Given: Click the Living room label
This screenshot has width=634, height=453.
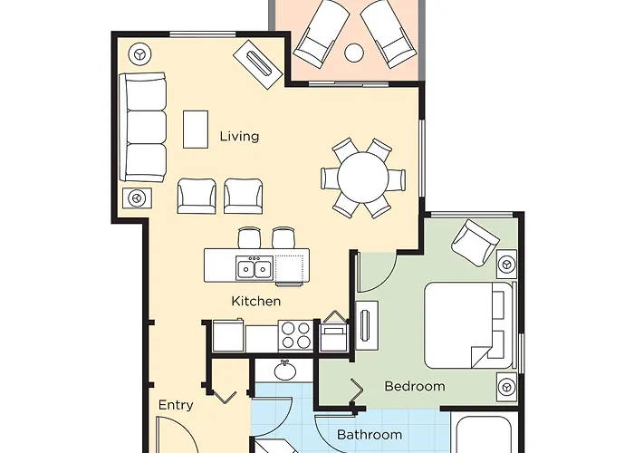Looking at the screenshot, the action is (x=239, y=136).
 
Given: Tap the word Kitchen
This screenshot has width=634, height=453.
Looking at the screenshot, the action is (x=256, y=301).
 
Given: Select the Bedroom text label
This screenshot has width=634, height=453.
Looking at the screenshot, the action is (x=415, y=386).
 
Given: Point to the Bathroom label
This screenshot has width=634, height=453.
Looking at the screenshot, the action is (x=370, y=435).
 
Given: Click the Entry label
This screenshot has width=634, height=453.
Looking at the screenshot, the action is (x=176, y=405).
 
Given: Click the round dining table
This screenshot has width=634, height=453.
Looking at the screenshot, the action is (x=362, y=178).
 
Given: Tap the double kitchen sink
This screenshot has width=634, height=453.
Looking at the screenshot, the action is (x=254, y=267).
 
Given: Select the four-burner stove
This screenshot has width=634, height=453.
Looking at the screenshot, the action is (x=296, y=336).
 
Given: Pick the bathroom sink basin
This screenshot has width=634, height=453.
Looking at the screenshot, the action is (x=284, y=371).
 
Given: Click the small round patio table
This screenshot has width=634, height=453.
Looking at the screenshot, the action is (x=354, y=53).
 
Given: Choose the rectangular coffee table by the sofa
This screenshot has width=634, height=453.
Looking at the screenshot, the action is (x=196, y=130).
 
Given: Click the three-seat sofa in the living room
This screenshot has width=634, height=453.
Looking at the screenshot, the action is (x=143, y=128).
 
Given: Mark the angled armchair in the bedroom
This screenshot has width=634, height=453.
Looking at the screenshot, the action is (x=475, y=243).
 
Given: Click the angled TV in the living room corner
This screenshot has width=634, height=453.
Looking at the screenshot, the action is (x=257, y=64).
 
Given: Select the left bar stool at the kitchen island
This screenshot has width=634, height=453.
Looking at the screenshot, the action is (x=249, y=237).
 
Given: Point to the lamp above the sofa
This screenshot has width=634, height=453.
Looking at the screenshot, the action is (x=139, y=53).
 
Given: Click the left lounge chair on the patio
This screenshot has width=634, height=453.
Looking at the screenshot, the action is (x=322, y=33).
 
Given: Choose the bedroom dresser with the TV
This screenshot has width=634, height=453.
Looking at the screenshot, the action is (x=367, y=325).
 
